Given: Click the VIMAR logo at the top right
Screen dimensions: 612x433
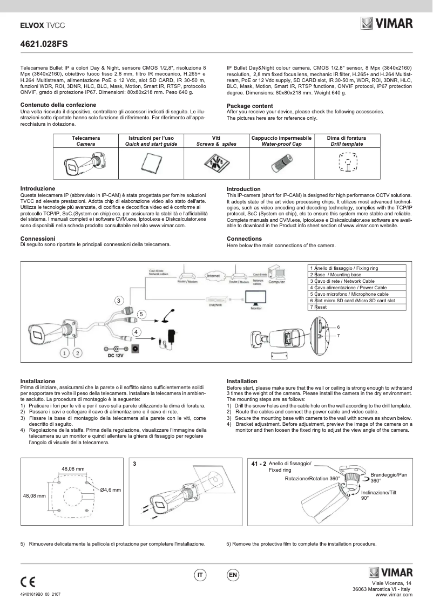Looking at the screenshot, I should click(x=387, y=24).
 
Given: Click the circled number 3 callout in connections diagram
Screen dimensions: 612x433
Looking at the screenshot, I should click(x=119, y=300).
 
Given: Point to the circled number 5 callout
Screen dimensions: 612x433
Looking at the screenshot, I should click(x=141, y=314).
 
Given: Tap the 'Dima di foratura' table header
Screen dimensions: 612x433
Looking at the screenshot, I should click(x=347, y=138).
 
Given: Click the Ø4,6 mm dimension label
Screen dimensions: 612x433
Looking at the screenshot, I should click(x=110, y=489).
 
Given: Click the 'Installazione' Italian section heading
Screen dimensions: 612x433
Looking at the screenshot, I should click(x=38, y=381).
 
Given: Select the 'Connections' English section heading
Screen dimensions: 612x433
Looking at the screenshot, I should click(x=244, y=239).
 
